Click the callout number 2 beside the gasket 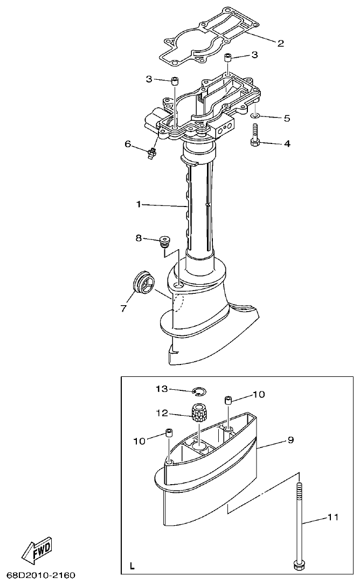click(281, 43)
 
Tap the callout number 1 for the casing click(139, 204)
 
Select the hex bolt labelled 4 click(255, 135)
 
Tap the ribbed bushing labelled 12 click(200, 414)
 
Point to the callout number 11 click(334, 518)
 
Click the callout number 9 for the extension click(290, 440)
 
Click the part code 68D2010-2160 click(41, 575)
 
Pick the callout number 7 click(123, 308)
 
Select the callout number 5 click(287, 118)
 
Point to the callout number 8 click(139, 237)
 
